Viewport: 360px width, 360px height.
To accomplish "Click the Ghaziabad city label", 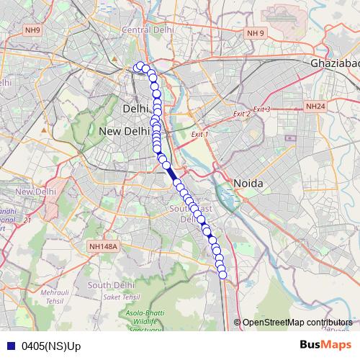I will (335, 63).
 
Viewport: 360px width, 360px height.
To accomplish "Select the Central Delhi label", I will (149, 30).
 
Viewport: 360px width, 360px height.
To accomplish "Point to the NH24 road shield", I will (315, 107).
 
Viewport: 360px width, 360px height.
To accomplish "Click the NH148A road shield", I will (104, 247).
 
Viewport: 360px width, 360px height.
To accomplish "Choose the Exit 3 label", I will (261, 109).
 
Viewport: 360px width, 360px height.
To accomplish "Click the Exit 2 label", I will (241, 114).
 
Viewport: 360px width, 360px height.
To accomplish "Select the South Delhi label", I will (107, 285).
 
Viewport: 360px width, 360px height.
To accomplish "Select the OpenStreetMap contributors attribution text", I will (297, 323).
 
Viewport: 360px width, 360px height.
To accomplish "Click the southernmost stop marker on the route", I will (222, 274).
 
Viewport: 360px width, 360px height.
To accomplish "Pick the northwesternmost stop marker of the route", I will (138, 67).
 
